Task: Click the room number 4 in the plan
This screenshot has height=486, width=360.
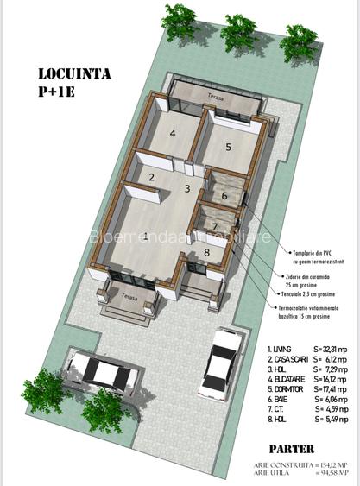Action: point(173,133)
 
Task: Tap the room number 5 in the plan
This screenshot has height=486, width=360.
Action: point(228,147)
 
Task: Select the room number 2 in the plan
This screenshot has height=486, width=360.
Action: point(151,178)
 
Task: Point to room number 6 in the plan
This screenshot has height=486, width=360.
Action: point(224,196)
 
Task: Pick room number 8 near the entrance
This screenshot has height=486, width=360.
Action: point(207,252)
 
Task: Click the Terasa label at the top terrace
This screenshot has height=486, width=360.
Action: point(214,97)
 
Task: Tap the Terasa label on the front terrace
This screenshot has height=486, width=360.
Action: point(129,296)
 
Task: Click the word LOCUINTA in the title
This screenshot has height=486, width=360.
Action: point(74,74)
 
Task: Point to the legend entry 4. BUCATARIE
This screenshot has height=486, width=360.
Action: point(288,378)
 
